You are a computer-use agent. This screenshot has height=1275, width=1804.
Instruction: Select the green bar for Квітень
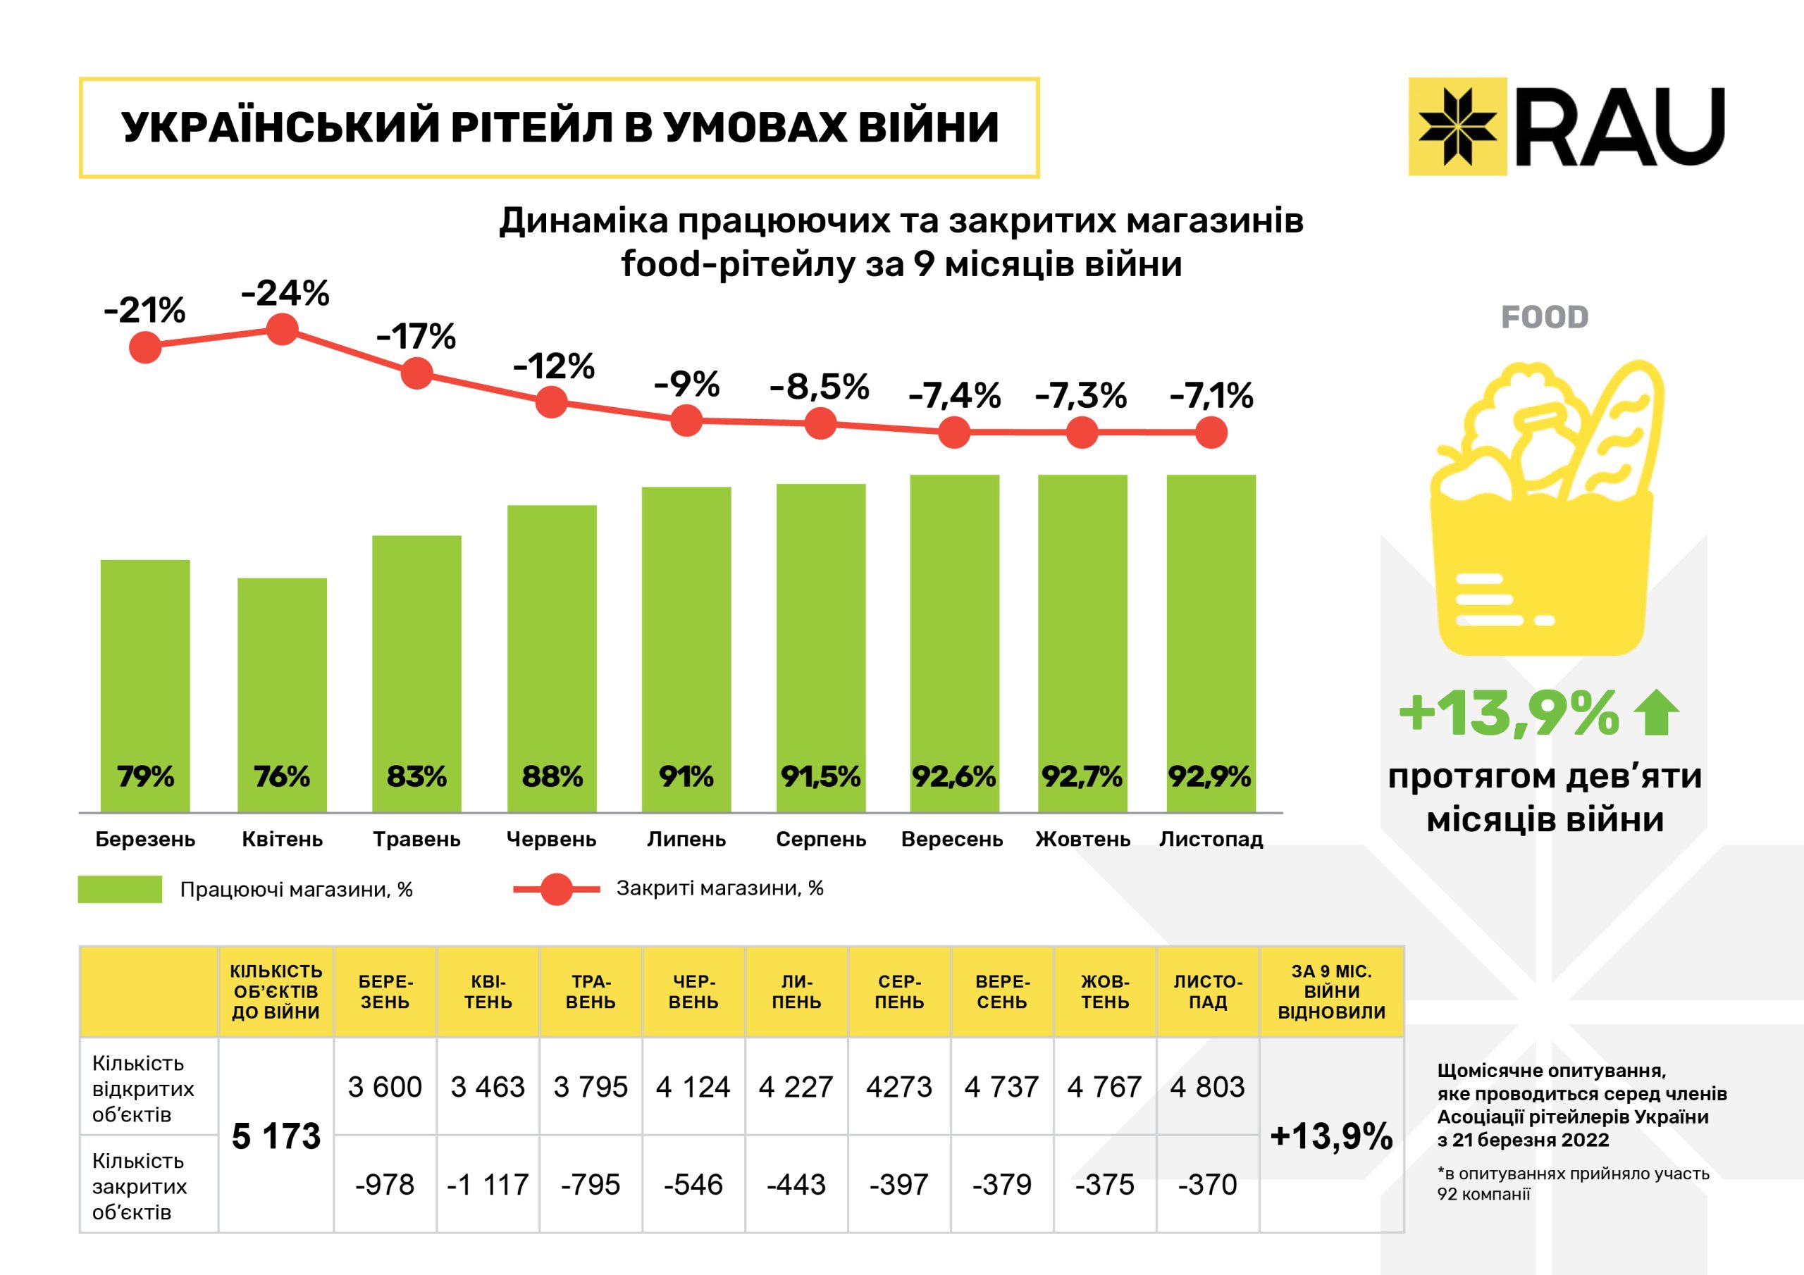pyautogui.click(x=282, y=695)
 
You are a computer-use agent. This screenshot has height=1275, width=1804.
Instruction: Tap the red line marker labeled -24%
pyautogui.click(x=282, y=329)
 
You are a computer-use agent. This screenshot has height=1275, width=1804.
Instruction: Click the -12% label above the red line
pyautogui.click(x=553, y=366)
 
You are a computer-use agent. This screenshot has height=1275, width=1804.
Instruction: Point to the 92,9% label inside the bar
pyautogui.click(x=1209, y=776)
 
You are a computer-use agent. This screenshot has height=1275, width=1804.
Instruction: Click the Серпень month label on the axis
pyautogui.click(x=820, y=839)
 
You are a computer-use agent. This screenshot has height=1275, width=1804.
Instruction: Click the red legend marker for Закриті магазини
pyautogui.click(x=557, y=889)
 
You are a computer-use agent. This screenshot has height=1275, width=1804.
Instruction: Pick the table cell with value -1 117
pyautogui.click(x=488, y=1184)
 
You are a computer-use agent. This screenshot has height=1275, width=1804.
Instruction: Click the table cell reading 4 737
pyautogui.click(x=1002, y=1086)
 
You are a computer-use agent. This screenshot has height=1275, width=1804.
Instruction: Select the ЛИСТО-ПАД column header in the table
pyautogui.click(x=1208, y=991)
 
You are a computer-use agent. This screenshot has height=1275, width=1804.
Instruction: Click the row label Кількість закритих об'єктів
pyautogui.click(x=140, y=1186)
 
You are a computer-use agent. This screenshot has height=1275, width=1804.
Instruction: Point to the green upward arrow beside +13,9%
pyautogui.click(x=1656, y=711)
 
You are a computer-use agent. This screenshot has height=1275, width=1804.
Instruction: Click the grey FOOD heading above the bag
pyautogui.click(x=1544, y=318)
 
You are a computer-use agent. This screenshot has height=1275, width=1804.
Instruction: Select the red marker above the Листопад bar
pyautogui.click(x=1211, y=432)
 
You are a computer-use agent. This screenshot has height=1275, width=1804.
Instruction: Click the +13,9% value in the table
pyautogui.click(x=1331, y=1136)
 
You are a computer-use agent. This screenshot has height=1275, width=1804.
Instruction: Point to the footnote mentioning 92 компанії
pyautogui.click(x=1572, y=1184)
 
